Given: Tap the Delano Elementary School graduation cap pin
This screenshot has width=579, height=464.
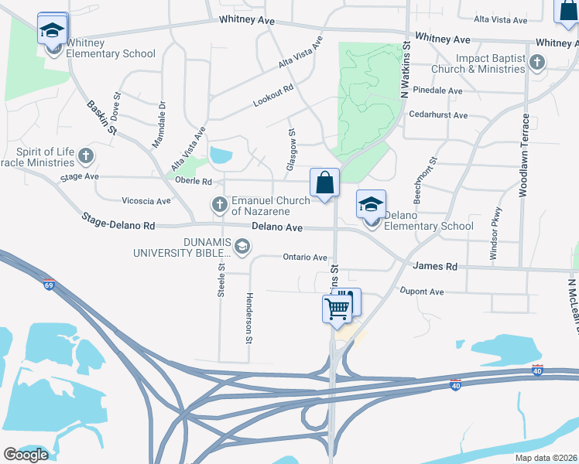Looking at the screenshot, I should (371, 205).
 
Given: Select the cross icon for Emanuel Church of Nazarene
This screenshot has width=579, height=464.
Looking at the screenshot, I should (219, 205).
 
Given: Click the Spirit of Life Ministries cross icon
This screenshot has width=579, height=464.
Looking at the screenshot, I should (86, 157).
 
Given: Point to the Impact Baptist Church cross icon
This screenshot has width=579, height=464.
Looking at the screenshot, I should (536, 63).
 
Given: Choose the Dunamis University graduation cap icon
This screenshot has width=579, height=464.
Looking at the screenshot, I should (242, 247).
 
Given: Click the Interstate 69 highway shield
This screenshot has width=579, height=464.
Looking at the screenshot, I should (50, 285).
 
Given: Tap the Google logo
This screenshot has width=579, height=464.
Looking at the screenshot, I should (26, 454).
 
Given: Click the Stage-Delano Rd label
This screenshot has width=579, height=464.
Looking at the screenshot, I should (118, 223).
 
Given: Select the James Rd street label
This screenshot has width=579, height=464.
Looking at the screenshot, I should (435, 266).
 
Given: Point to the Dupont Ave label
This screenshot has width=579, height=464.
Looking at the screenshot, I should (422, 292).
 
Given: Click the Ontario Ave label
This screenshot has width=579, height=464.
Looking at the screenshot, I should (305, 257).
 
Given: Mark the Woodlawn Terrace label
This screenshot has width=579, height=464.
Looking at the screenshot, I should (525, 155).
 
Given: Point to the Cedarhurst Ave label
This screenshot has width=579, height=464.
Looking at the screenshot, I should (440, 115).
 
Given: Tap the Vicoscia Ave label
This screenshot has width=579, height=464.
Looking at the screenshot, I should (146, 201).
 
